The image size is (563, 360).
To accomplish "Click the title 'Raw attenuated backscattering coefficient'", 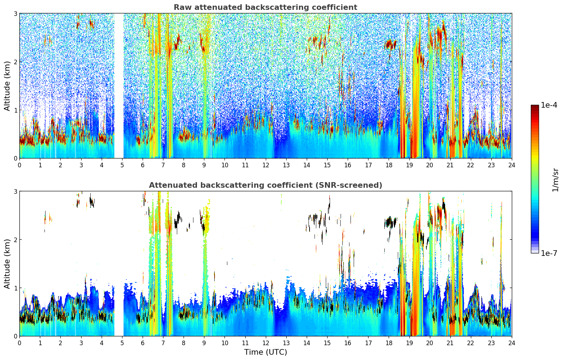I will click(265, 7).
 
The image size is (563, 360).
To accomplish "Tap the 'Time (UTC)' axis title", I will click(265, 352).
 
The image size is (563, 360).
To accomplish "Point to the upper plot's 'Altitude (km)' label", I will click(7, 86).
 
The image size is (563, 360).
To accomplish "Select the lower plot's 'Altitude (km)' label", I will click(7, 264).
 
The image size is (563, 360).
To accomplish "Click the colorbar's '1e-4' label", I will click(549, 105).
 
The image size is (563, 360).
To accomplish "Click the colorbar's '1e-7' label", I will click(549, 253).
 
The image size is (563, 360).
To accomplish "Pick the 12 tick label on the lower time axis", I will click(265, 343).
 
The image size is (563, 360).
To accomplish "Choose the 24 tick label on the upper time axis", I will click(511, 165).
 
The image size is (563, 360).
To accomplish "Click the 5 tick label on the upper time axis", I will click(122, 165).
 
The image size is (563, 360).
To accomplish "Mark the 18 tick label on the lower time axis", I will click(389, 343).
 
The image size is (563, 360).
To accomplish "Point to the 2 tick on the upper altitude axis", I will click(16, 62).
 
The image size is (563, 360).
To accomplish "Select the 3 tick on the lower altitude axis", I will click(16, 191).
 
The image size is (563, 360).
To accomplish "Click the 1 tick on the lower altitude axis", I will click(16, 288).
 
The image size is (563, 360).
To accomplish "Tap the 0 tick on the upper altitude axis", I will click(16, 158).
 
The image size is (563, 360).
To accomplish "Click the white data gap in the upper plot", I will click(119, 85).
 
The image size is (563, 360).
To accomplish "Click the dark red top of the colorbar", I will click(535, 107).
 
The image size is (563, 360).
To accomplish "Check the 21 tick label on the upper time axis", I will click(450, 165).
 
